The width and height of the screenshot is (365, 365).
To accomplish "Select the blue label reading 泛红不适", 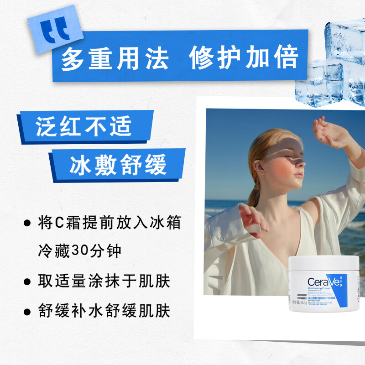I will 84,126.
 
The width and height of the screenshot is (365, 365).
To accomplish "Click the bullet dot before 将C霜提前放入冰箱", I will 27,224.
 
